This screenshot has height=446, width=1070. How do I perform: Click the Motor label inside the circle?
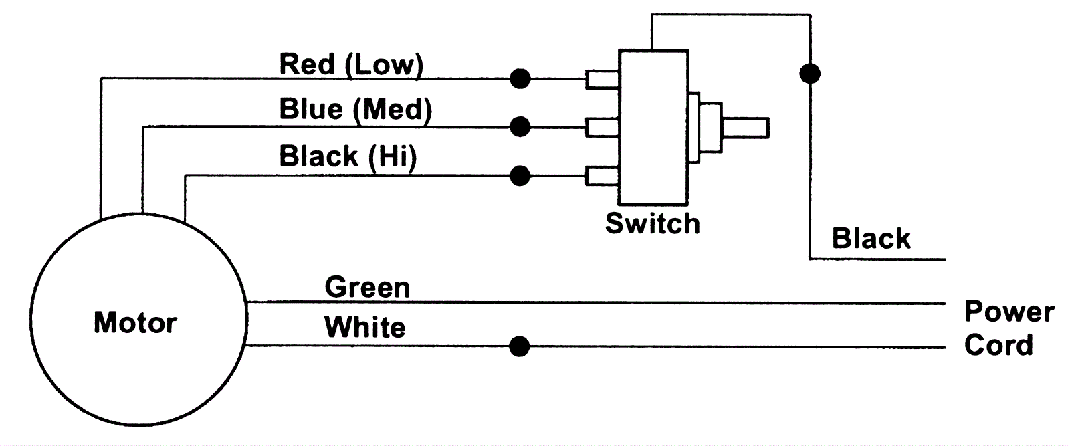click(135, 323)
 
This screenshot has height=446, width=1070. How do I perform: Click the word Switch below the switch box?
click(652, 223)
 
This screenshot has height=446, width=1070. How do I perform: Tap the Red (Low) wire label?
click(351, 65)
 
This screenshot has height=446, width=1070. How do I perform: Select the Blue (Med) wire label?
click(355, 109)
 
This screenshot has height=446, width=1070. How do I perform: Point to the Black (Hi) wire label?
click(348, 156)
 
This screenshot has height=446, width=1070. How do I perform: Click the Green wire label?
click(367, 288)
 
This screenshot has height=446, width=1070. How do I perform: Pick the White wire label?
click(364, 328)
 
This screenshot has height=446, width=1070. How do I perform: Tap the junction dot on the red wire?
click(520, 79)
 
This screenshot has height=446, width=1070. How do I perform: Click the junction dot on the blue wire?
click(520, 126)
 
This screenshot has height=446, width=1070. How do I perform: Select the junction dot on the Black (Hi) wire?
click(520, 176)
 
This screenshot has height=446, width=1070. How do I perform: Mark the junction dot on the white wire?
click(520, 347)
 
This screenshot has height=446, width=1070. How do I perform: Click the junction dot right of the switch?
click(810, 73)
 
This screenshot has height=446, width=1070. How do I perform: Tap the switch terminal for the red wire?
click(602, 80)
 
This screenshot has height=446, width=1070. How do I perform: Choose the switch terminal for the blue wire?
click(602, 127)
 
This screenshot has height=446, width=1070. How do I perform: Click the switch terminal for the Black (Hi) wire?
click(602, 176)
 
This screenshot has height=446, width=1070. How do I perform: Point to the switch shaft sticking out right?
click(745, 128)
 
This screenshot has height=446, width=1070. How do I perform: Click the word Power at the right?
click(1008, 312)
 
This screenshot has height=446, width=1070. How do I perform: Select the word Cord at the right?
click(998, 345)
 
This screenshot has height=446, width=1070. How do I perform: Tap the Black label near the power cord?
click(871, 239)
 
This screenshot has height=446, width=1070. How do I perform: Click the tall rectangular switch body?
click(653, 127)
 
